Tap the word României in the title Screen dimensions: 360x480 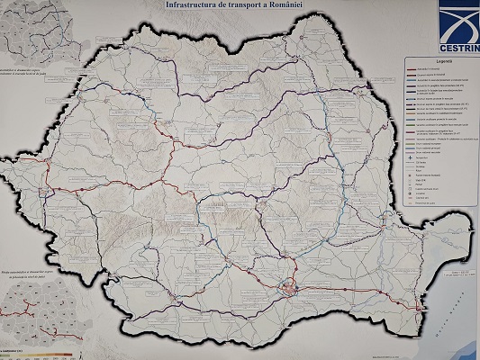(x=311, y=5)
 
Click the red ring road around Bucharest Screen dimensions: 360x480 (x=288, y=289)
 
